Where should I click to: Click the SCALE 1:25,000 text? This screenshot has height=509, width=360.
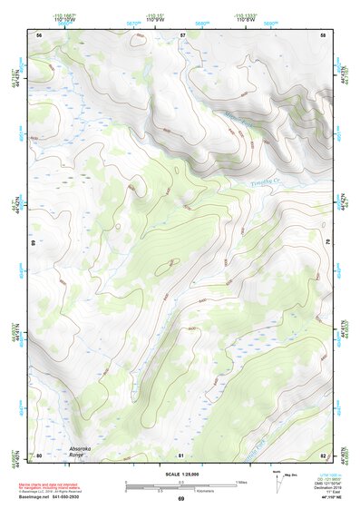(179, 474)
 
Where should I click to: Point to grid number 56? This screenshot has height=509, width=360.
(39, 34)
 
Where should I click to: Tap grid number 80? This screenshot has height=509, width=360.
(39, 455)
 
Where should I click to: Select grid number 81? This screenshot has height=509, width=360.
(182, 455)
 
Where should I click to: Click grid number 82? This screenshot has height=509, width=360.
(323, 455)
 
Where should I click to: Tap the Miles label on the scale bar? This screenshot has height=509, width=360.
(241, 481)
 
